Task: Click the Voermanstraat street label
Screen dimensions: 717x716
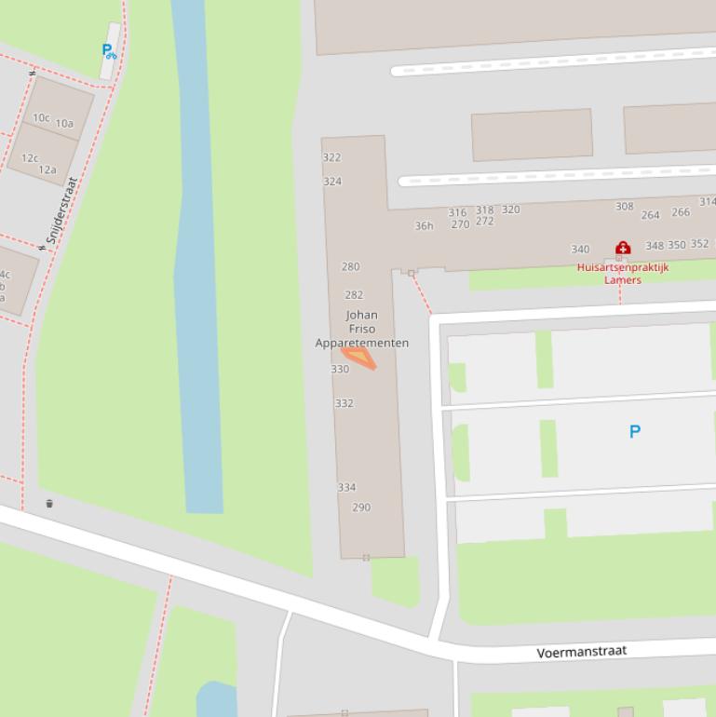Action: coord(582,652)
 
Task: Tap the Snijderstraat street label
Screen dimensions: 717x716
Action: coord(61,211)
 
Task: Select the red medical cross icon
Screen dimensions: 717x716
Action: coord(623,248)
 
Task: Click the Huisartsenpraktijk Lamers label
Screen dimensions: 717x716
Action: coord(623,273)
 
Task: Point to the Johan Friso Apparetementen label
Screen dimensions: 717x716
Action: coord(361,329)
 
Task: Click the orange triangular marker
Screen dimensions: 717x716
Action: coord(359,357)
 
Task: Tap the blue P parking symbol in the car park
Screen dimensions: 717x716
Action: coord(635,431)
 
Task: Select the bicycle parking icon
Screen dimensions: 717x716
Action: coord(109,51)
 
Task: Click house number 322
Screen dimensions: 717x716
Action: coord(331,157)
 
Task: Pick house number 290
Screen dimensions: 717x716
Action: coord(361,507)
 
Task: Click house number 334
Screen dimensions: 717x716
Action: coord(346,487)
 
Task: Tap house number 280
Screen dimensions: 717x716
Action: coord(350,266)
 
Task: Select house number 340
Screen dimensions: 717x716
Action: coord(580,249)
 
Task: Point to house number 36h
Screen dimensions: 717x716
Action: coord(424,225)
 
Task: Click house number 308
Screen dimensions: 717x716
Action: coord(624,206)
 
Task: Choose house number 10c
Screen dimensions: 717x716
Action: coord(41,117)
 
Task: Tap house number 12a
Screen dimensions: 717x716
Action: coord(47,169)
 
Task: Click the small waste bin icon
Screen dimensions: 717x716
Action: coord(49,504)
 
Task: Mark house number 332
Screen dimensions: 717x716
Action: coord(344,403)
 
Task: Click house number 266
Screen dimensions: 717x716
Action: coord(681,211)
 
